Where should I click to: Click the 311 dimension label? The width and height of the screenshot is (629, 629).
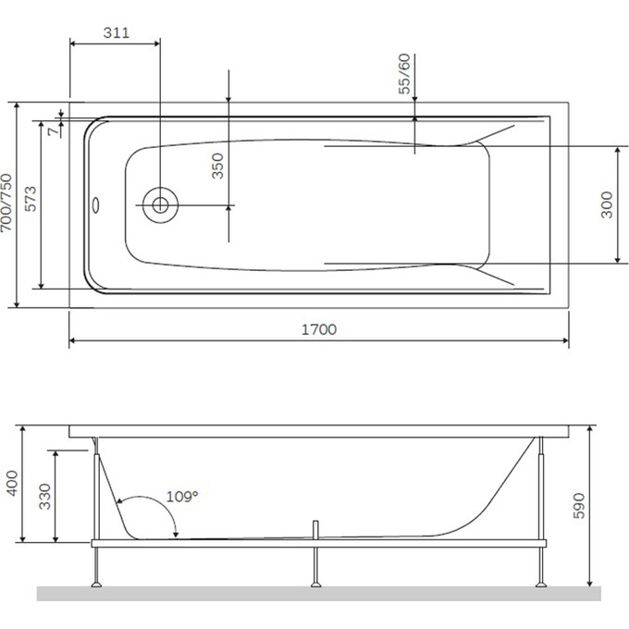click(117, 32)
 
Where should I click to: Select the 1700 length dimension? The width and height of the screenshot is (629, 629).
click(319, 329)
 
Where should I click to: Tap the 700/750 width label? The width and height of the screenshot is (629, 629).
click(6, 203)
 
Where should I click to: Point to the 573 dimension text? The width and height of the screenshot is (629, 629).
click(31, 199)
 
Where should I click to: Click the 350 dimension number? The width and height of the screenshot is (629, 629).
click(217, 166)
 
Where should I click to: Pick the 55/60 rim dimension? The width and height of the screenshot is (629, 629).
click(404, 74)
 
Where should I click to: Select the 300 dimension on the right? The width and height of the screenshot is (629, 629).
click(607, 205)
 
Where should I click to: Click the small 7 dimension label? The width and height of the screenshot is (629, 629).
click(53, 131)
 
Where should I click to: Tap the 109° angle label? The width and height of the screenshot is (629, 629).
click(182, 497)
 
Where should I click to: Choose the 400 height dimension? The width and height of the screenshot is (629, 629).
click(12, 484)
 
